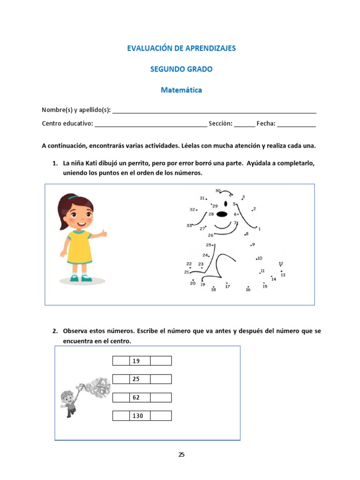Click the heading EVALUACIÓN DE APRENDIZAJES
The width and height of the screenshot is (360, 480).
[181, 48]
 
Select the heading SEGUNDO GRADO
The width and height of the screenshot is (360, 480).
[181, 69]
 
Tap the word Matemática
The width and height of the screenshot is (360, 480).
[181, 90]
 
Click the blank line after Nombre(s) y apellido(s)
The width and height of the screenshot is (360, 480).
[214, 111]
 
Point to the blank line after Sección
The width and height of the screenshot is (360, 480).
[244, 124]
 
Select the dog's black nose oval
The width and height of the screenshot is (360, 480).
[222, 215]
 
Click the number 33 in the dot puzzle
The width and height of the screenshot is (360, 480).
[189, 225]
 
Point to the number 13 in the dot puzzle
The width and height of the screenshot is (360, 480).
[283, 275]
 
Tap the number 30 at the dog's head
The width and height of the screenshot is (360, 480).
[218, 191]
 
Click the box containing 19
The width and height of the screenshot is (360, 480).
[140, 361]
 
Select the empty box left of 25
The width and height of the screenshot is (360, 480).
[121, 379]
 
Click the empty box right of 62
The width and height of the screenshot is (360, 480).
[161, 397]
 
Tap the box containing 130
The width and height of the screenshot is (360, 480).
[140, 416]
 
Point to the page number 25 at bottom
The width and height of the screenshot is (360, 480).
[181, 454]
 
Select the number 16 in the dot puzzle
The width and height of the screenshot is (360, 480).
[248, 290]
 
